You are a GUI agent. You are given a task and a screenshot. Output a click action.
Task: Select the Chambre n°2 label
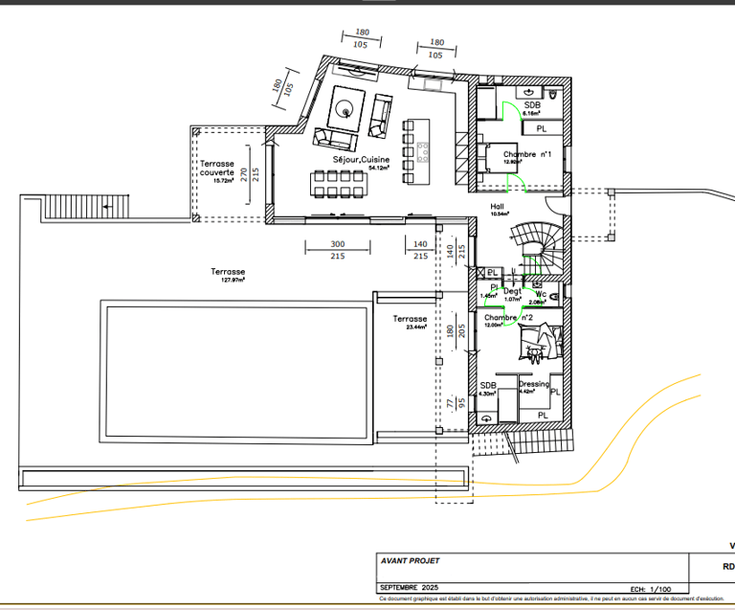click(507, 317)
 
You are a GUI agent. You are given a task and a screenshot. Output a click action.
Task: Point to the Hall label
click(497, 206)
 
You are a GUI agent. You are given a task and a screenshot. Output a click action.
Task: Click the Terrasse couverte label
click(216, 169)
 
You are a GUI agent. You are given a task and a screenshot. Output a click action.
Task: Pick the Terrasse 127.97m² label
click(228, 273)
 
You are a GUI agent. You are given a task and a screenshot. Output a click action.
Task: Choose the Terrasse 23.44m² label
click(410, 320)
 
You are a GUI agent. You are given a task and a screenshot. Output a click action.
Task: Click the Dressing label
click(534, 384)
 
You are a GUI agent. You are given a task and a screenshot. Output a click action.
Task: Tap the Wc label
click(541, 295)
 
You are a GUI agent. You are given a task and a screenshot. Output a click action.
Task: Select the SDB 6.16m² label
click(532, 105)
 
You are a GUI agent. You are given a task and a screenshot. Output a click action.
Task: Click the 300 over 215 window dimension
click(337, 250)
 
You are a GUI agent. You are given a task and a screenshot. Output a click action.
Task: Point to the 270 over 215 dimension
click(249, 173)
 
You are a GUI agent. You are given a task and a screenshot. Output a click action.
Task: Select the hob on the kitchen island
click(423, 150)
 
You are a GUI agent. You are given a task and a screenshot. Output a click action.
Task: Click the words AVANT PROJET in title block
click(411, 561)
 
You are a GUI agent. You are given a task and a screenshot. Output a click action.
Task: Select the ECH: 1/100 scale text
click(651, 588)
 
